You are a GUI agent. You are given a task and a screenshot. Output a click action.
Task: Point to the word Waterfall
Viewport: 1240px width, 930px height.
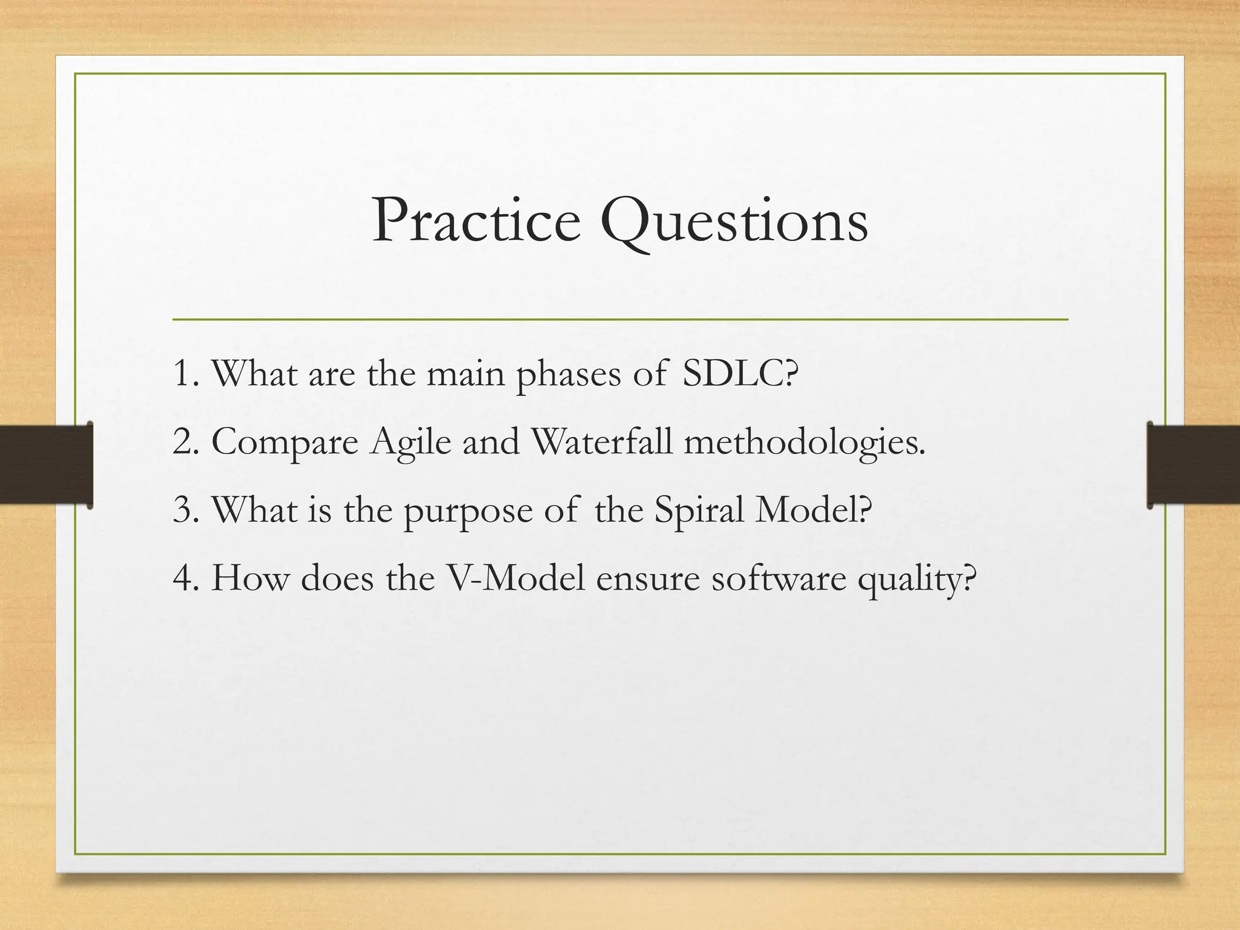[x=601, y=442]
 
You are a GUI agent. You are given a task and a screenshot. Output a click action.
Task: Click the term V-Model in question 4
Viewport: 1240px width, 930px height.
[x=515, y=579]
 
